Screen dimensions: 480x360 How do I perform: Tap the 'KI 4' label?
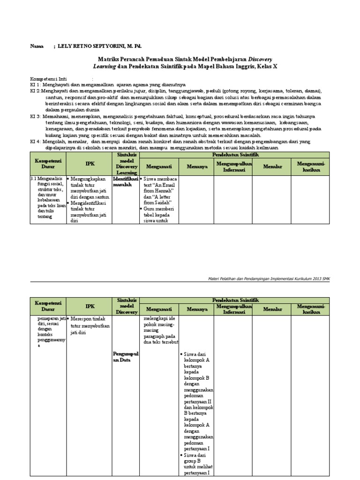click(x=37, y=141)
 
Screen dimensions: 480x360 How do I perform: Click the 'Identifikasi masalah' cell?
click(x=126, y=181)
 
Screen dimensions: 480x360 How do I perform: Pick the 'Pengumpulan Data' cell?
click(x=126, y=356)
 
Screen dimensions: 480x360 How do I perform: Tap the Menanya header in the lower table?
click(x=196, y=309)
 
